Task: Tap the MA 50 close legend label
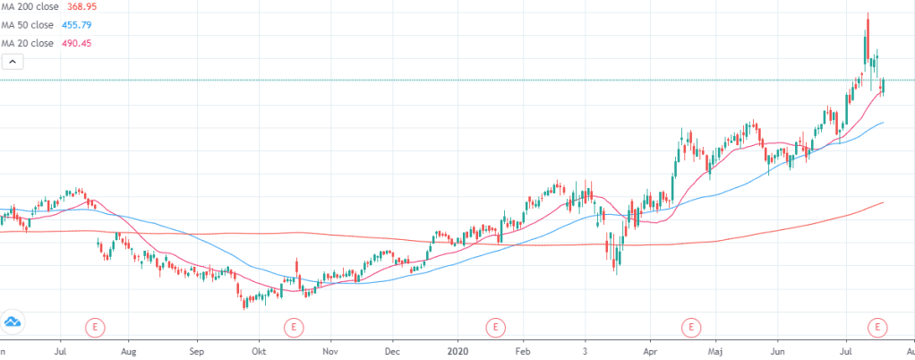27,26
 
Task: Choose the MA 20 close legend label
27,43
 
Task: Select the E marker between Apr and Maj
691,327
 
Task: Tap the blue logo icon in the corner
13,322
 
